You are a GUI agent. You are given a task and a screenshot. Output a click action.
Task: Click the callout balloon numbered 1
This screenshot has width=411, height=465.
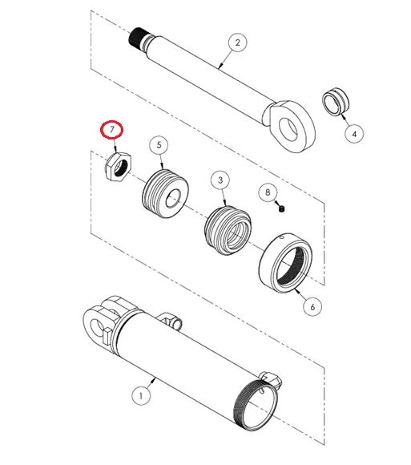click(141, 395)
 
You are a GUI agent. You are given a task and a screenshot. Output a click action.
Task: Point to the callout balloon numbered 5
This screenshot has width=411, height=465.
click(159, 144)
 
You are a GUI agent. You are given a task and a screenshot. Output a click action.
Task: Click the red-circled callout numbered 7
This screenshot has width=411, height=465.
click(110, 130)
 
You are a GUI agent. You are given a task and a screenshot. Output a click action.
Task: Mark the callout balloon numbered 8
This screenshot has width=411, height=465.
click(268, 192)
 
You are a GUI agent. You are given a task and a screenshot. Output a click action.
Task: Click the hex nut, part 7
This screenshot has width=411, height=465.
click(119, 168)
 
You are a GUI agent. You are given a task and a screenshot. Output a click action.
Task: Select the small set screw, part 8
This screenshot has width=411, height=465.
click(284, 209)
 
